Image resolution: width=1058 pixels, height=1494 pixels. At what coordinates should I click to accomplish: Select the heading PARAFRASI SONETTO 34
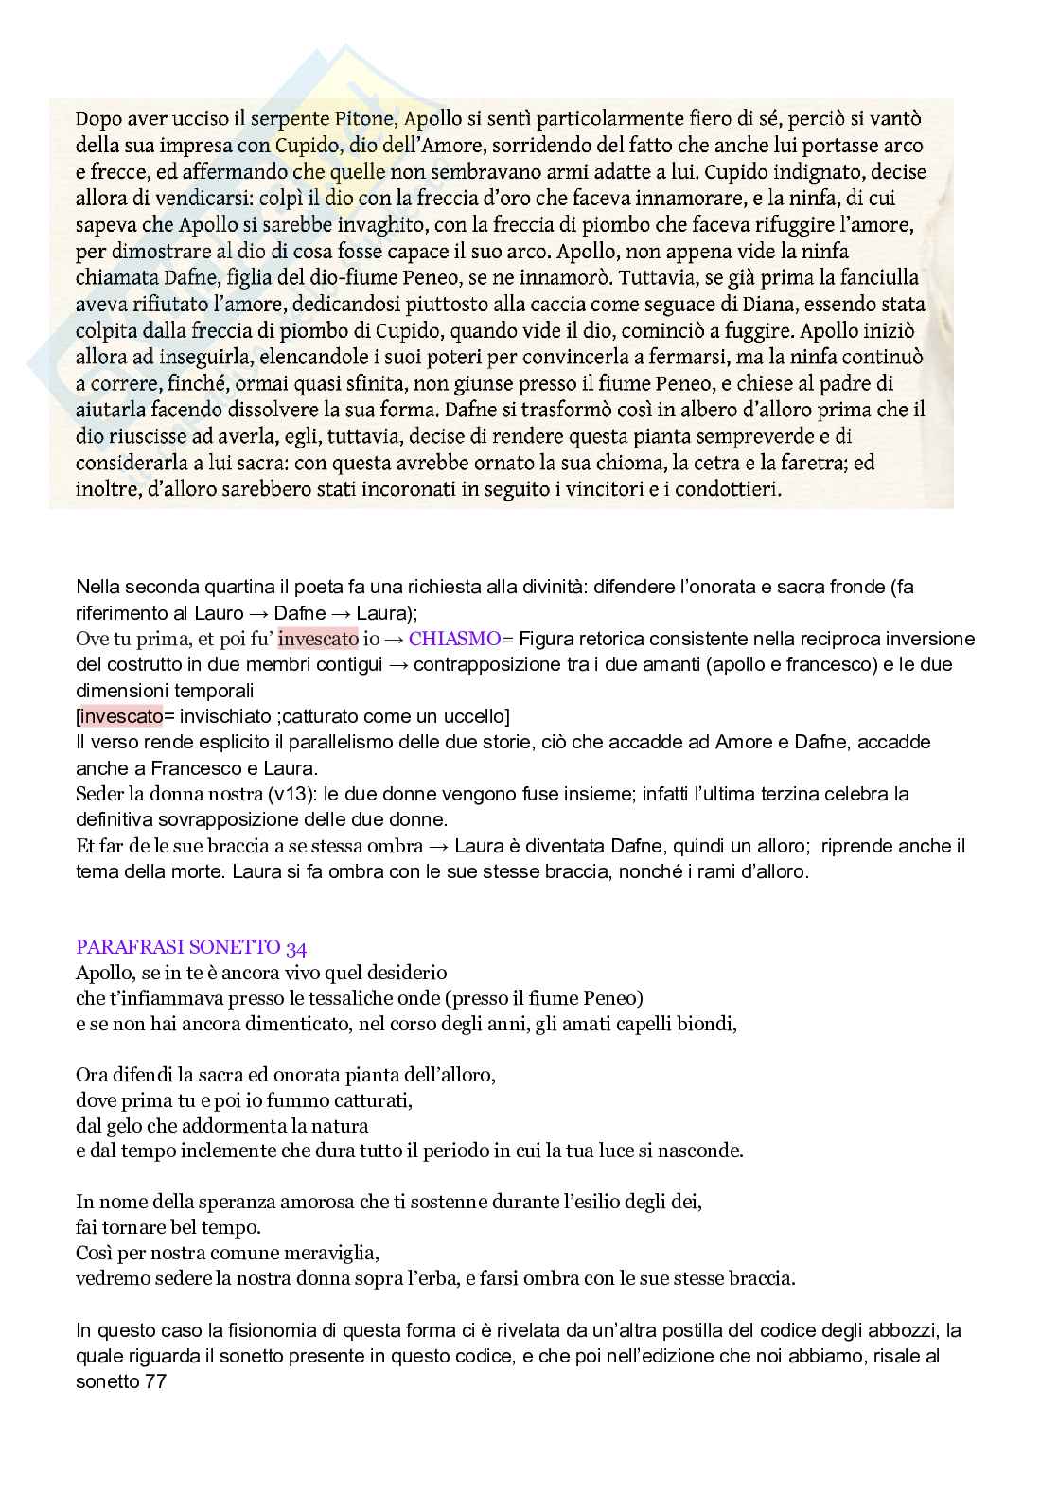pyautogui.click(x=191, y=947)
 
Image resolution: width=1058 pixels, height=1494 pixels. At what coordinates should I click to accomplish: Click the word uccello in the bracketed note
pyautogui.click(x=477, y=716)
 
